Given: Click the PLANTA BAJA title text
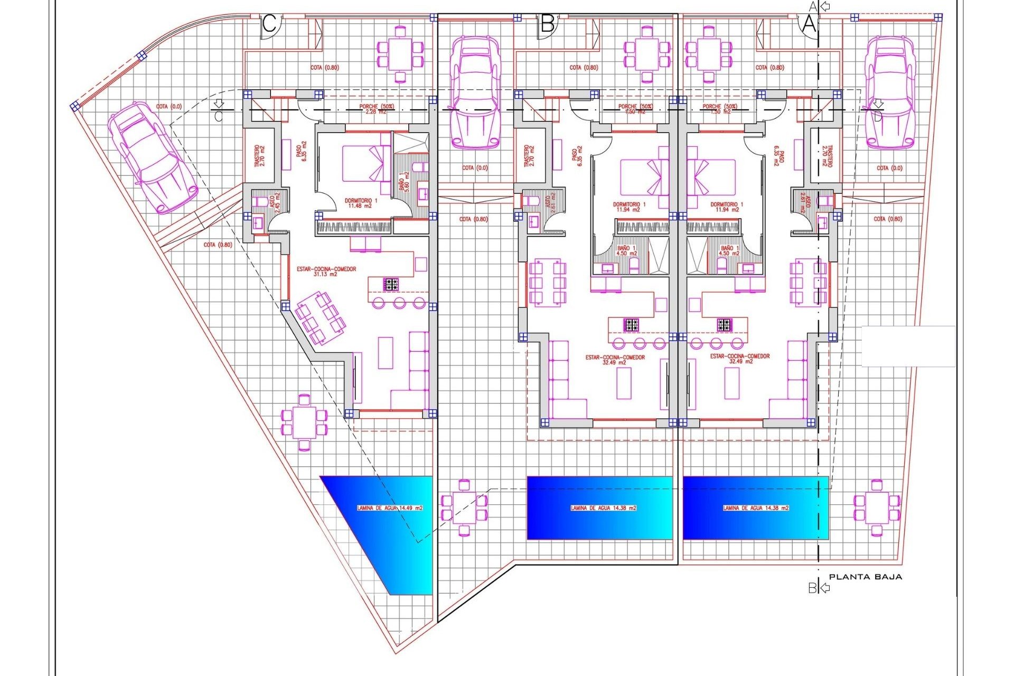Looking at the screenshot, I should tap(865, 577).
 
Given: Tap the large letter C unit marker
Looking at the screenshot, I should tap(269, 24).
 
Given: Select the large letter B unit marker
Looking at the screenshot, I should tap(548, 24).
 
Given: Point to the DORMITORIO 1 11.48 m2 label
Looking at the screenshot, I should tap(361, 203).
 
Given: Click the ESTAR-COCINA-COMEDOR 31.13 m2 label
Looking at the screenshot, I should tap(326, 271).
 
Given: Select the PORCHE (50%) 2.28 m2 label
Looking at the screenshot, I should tap(376, 109).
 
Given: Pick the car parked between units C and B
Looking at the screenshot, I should tap(475, 92).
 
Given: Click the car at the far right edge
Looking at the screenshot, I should tap(889, 92).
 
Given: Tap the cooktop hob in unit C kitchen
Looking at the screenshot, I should tap(391, 285).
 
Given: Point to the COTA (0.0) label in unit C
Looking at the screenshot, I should tap(168, 107).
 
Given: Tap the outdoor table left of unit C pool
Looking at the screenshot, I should tap(304, 422).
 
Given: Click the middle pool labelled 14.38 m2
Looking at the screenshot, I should tap(600, 508).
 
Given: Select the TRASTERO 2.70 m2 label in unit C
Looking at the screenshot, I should tap(259, 156).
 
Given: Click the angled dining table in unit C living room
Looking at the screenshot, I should tap(320, 318).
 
